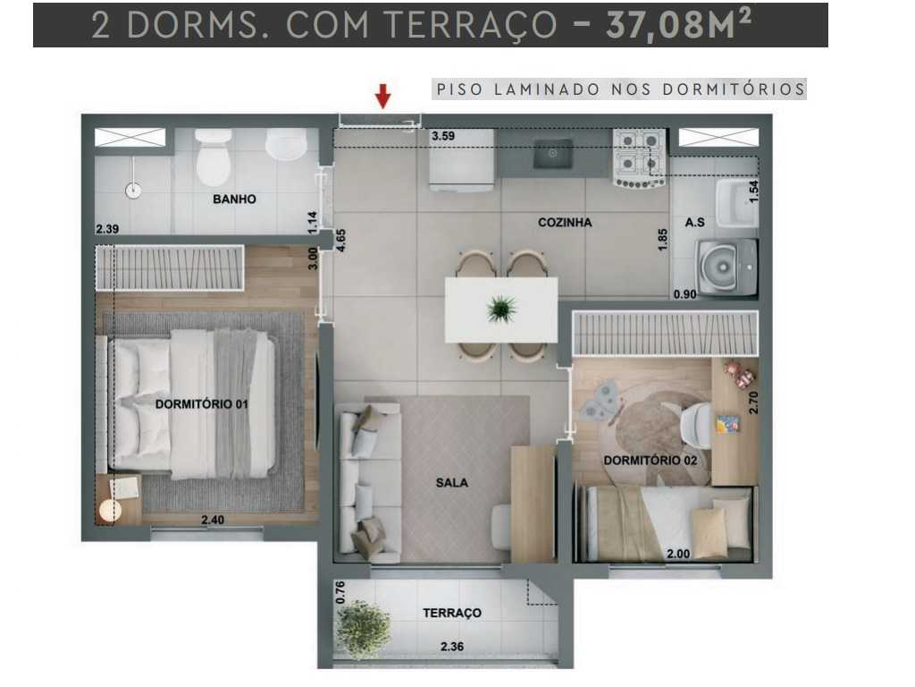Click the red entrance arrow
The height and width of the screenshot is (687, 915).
coord(382,95)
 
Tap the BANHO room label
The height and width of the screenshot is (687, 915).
coord(234,199)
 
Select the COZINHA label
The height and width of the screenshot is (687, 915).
coord(565,222)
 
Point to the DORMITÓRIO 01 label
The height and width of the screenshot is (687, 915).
coord(201,404)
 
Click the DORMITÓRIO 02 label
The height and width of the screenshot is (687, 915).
coord(650,461)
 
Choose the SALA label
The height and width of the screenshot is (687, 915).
coord(452,483)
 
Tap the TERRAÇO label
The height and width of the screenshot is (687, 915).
coord(452,613)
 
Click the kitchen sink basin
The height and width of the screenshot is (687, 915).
coord(554,155)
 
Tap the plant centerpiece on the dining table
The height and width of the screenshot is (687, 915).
coord(501,310)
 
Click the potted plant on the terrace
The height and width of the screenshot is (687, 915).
coord(363,628)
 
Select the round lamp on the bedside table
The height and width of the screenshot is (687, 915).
coord(110,511)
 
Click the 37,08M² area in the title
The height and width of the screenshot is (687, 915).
coord(678,25)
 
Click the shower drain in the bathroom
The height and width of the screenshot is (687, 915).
coord(134,190)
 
